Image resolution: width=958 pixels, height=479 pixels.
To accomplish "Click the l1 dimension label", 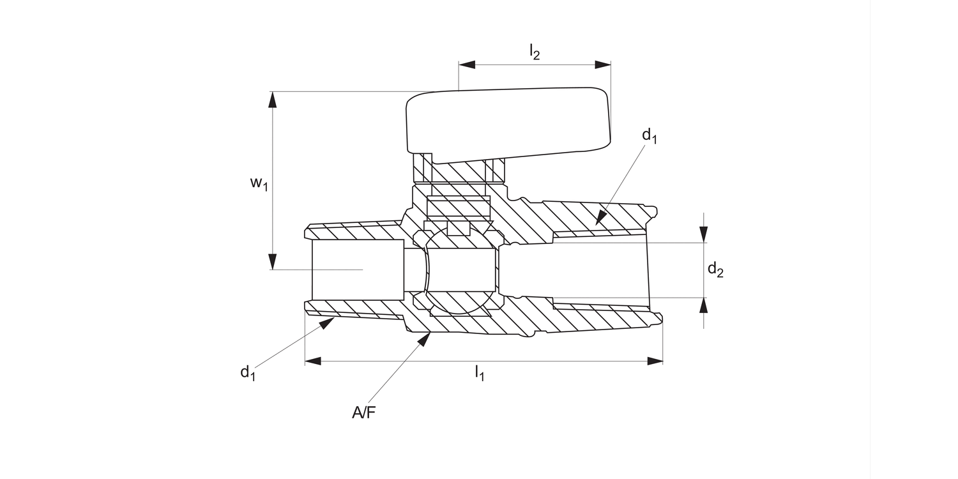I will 479,373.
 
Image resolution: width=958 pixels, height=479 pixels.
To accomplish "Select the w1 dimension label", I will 258,184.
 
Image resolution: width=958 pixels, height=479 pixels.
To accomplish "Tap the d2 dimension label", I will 715,270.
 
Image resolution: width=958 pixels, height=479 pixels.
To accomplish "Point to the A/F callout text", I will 363,413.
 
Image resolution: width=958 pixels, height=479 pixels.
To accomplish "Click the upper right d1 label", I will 650,135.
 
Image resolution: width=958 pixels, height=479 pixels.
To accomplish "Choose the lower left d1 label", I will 248,372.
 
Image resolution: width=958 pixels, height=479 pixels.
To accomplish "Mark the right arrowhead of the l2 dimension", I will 603,65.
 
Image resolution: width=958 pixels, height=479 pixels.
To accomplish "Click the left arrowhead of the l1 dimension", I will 313,361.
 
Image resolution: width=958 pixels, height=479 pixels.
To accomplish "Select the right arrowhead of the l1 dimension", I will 655,361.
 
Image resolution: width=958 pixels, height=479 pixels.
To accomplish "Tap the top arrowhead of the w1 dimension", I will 273,100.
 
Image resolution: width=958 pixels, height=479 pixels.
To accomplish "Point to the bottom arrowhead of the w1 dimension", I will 273,262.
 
